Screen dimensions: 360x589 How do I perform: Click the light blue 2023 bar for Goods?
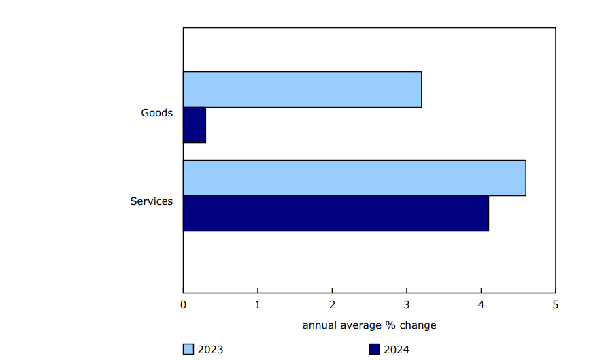click(x=302, y=89)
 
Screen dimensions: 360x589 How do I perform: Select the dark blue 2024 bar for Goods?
click(x=195, y=125)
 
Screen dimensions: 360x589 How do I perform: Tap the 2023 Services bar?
click(x=354, y=178)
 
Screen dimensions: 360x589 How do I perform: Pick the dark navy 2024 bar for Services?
click(x=336, y=213)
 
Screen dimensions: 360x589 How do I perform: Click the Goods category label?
click(x=156, y=113)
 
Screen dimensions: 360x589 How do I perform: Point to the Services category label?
click(x=151, y=201)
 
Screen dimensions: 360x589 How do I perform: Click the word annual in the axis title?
click(x=318, y=325)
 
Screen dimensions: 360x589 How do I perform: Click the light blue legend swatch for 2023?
click(x=188, y=350)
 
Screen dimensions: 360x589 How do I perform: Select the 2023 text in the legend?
click(x=210, y=350)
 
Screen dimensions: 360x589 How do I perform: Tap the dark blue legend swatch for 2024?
click(x=374, y=350)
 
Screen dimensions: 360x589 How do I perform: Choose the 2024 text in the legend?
click(x=396, y=350)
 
